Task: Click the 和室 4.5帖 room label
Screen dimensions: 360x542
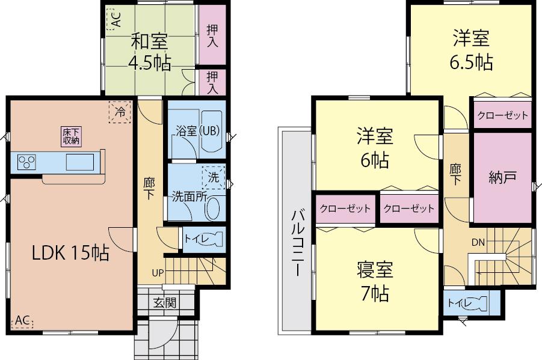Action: pyautogui.click(x=149, y=52)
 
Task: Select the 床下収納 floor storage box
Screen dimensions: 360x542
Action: pyautogui.click(x=71, y=136)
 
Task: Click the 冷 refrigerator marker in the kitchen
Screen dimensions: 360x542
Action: pyautogui.click(x=120, y=112)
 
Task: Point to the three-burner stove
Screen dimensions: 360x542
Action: pyautogui.click(x=26, y=162)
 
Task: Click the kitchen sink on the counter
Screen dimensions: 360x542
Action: pyautogui.click(x=79, y=162)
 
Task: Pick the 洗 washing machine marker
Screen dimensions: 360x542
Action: pyautogui.click(x=214, y=178)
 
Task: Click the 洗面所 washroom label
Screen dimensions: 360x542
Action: pyautogui.click(x=188, y=196)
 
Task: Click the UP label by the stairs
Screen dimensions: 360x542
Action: pyautogui.click(x=157, y=273)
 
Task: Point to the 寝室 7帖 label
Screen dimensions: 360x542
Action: pyautogui.click(x=375, y=281)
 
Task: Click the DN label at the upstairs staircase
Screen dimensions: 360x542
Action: pyautogui.click(x=478, y=243)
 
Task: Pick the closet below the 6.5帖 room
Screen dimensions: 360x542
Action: pyautogui.click(x=502, y=115)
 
